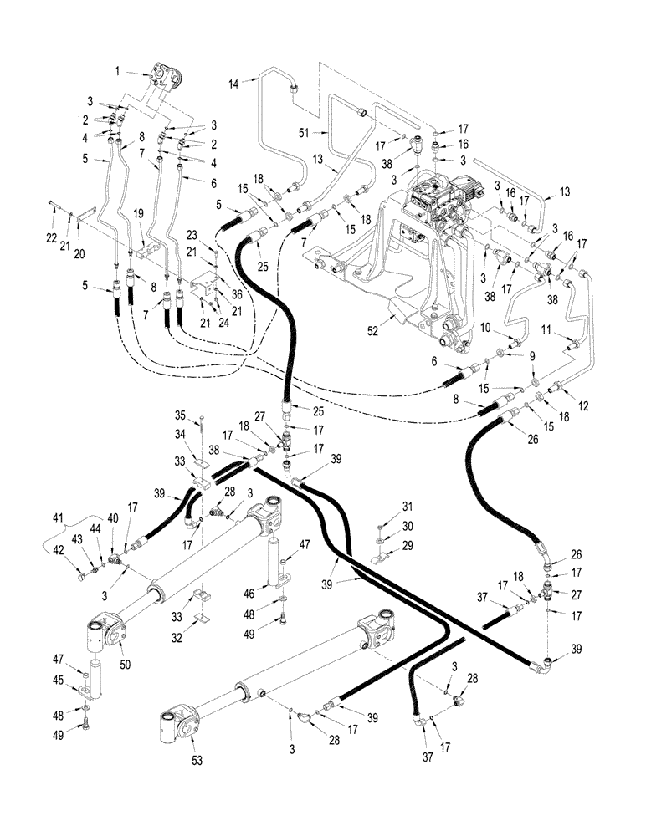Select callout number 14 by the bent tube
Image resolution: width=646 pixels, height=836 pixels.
234,82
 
